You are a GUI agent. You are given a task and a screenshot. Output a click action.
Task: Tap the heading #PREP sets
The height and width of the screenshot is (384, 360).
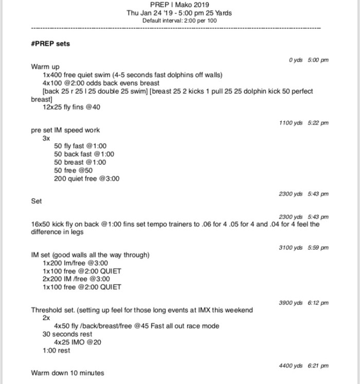(50, 44)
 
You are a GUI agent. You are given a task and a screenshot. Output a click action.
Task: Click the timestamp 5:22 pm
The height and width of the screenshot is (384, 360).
(318, 123)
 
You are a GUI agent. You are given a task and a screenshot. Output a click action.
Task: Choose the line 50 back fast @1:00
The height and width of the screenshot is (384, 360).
(84, 154)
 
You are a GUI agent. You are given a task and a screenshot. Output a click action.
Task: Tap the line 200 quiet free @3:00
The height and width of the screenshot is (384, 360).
(86, 179)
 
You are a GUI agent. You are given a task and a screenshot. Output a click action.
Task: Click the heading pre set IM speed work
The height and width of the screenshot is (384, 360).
(65, 130)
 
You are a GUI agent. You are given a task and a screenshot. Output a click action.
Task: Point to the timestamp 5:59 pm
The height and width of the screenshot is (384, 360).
(318, 248)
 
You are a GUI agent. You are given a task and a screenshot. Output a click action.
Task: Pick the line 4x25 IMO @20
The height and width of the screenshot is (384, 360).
(78, 342)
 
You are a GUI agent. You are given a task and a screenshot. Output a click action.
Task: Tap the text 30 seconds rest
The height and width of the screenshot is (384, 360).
(67, 334)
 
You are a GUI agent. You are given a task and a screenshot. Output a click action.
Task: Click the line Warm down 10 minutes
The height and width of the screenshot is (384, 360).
(67, 373)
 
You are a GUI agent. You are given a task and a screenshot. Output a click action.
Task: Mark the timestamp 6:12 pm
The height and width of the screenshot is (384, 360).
(318, 303)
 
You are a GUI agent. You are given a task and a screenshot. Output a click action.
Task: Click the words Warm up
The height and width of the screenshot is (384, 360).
(45, 67)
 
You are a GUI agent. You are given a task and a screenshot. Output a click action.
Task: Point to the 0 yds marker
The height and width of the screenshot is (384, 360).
(295, 60)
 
